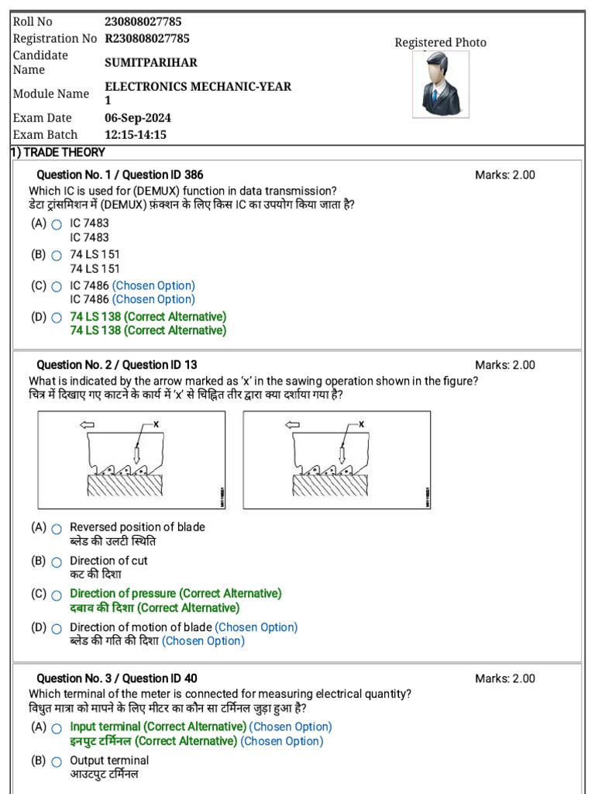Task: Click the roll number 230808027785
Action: pos(143,22)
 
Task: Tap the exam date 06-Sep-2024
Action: pos(138,118)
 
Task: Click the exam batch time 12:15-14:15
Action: pos(136,135)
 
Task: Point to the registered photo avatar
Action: pos(441,85)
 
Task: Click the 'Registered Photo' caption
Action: pos(441,43)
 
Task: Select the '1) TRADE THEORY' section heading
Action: pos(58,153)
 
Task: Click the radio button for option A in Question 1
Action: pos(57,224)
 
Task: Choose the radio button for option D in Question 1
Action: pos(57,318)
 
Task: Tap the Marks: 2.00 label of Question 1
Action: pos(504,175)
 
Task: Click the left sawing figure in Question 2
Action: pos(132,460)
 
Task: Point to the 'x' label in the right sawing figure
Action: pos(361,424)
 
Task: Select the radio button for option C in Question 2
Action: pos(57,595)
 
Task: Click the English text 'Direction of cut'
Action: pos(108,561)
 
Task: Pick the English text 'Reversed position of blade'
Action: pos(137,527)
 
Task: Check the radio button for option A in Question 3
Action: pos(57,728)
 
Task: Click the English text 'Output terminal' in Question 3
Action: pos(109,761)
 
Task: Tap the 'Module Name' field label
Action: pos(51,94)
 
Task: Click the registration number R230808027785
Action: pos(147,39)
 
